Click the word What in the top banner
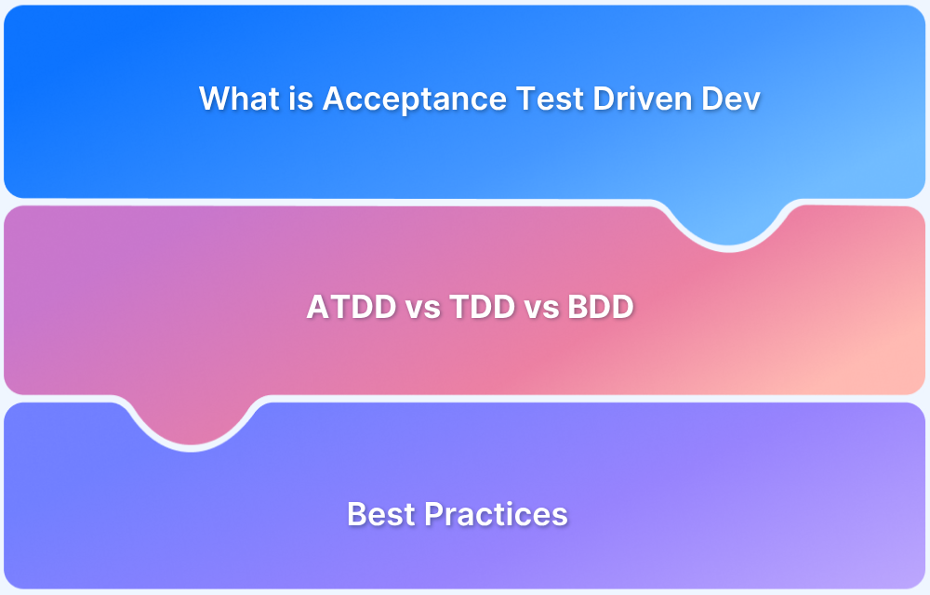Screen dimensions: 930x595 (x=240, y=98)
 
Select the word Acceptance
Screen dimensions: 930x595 (x=415, y=99)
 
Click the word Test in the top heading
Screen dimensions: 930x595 (x=550, y=98)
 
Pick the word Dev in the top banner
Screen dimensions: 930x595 (x=731, y=98)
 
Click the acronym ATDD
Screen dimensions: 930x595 (x=352, y=307)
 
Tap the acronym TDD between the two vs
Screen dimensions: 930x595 (x=482, y=307)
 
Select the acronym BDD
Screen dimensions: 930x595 (x=600, y=307)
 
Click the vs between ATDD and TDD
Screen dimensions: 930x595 (x=423, y=310)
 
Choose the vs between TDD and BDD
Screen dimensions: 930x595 (x=541, y=310)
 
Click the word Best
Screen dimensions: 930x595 (x=380, y=514)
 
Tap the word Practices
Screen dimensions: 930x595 (x=496, y=514)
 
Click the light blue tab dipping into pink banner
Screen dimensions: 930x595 (x=728, y=222)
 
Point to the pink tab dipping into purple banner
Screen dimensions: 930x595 (x=191, y=421)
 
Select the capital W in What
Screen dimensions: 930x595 (x=216, y=99)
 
